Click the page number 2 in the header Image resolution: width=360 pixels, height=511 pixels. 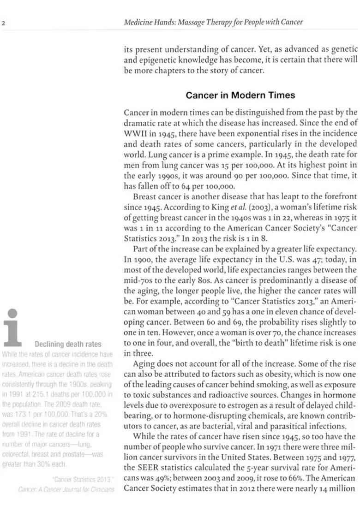[3, 22]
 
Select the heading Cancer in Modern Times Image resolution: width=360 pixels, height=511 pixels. [240, 95]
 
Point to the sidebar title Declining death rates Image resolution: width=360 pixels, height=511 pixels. [68, 344]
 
